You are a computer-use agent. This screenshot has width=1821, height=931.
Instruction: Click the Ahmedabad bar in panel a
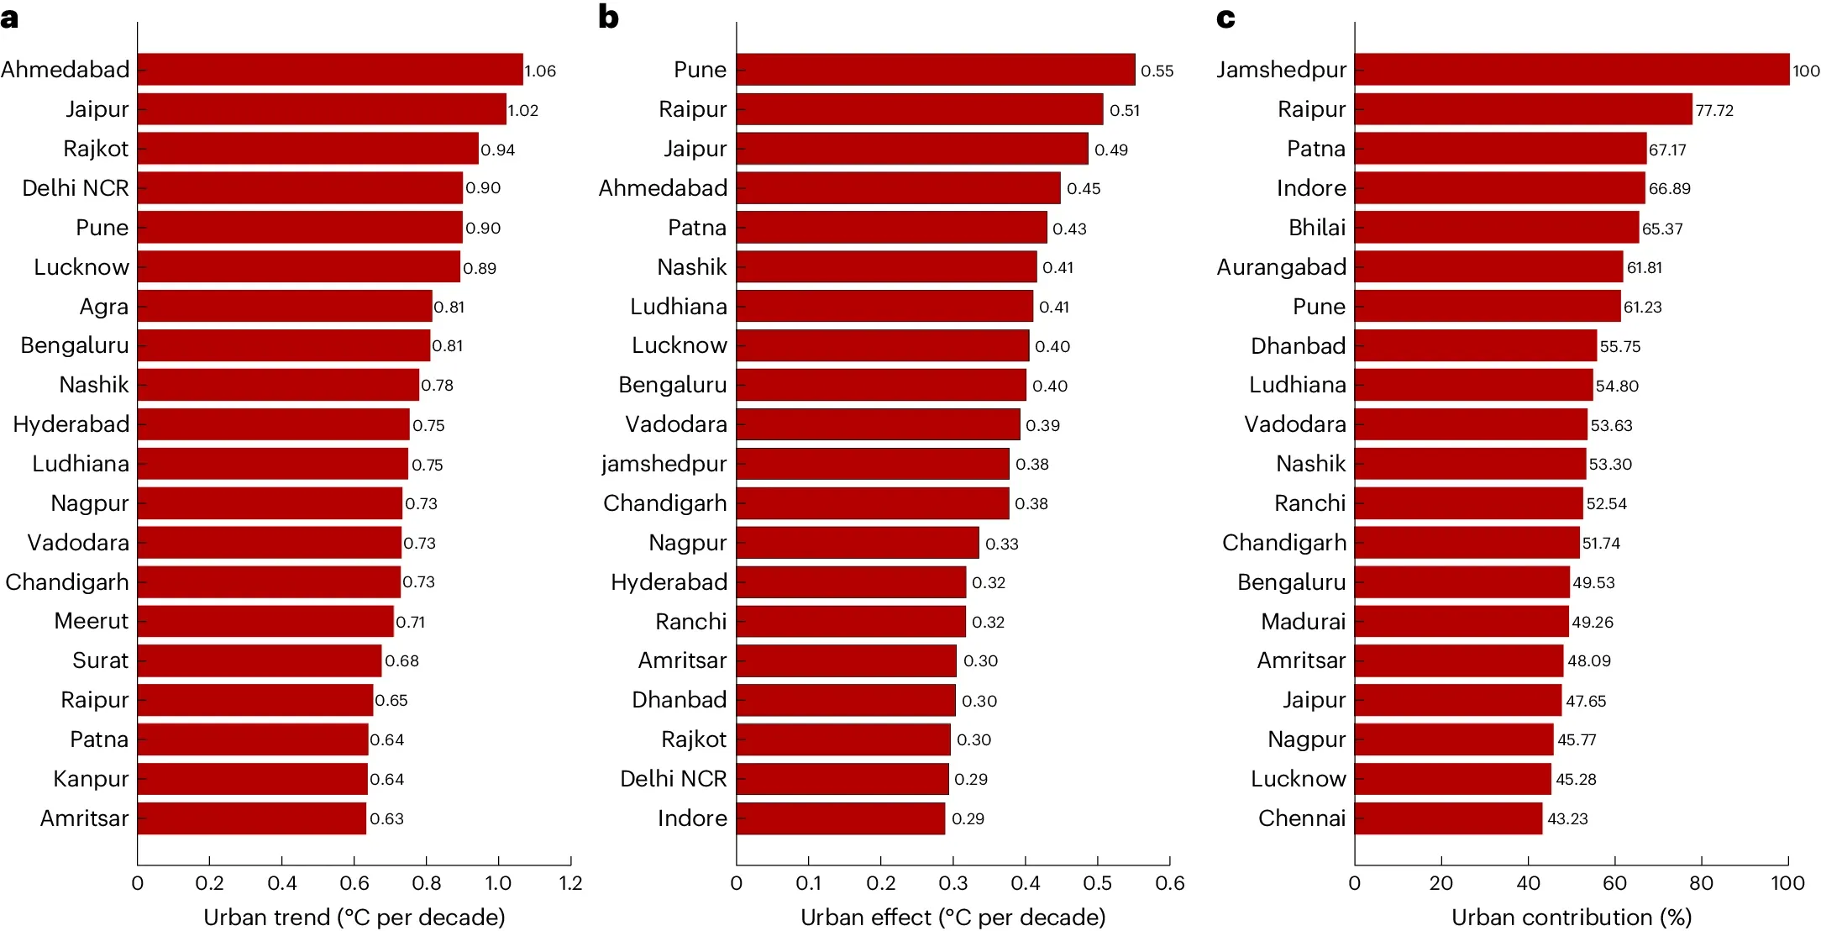pos(329,70)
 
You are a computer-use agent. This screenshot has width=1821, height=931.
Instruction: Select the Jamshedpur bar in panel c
pos(1571,70)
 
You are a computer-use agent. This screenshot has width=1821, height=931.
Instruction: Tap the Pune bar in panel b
pos(935,70)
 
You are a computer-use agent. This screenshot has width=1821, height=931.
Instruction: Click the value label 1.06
pos(540,71)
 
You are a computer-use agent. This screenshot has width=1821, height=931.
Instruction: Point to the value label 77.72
pos(1713,111)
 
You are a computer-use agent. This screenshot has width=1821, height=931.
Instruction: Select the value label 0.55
pos(1157,71)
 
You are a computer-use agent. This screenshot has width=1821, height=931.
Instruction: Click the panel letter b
pos(608,17)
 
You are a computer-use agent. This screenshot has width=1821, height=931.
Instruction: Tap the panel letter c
pos(1225,17)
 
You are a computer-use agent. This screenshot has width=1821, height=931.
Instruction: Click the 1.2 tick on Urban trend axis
pos(570,883)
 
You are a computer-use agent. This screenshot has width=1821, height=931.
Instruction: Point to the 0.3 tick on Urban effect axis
pos(952,883)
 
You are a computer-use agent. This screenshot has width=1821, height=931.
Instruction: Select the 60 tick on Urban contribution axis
pos(1614,883)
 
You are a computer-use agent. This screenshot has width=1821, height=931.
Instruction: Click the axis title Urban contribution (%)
pos(1571,917)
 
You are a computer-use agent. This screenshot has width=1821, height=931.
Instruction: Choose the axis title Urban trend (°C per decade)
pos(354,917)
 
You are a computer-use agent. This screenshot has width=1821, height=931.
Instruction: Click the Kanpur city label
pos(91,779)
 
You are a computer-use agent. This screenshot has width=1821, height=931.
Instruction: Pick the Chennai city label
pos(1301,818)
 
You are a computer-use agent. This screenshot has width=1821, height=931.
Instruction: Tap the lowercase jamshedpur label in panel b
pos(664,464)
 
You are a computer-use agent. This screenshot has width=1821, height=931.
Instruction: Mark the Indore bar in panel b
pos(840,818)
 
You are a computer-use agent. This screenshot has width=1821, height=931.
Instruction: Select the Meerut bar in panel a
pos(265,622)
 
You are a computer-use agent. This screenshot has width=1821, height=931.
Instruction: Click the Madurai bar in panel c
pos(1461,622)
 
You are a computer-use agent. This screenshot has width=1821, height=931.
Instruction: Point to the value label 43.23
pos(1567,819)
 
